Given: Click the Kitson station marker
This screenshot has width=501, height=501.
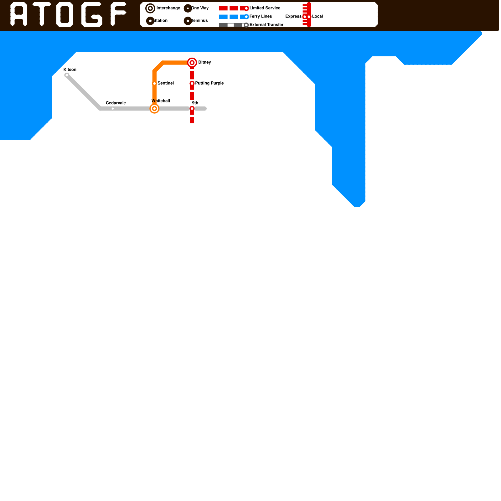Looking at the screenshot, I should tap(67, 75).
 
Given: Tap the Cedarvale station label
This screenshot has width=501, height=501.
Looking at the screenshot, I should tap(116, 103).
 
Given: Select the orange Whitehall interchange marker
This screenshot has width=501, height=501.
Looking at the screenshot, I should tap(154, 109).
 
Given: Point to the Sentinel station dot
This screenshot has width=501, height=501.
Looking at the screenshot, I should tap(154, 83).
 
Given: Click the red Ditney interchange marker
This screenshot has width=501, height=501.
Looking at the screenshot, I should tap(192, 63).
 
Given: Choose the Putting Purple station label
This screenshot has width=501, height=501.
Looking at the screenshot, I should tap(209, 83).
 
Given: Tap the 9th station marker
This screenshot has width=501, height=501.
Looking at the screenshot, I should tap(192, 109).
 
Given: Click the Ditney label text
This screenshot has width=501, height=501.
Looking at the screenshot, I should tap(204, 62).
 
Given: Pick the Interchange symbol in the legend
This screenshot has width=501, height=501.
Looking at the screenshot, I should tap(150, 8).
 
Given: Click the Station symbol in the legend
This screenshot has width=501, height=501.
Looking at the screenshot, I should tap(150, 21).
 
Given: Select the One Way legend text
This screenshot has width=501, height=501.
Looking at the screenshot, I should tap(200, 8).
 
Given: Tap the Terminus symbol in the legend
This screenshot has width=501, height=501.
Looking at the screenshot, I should tap(188, 21).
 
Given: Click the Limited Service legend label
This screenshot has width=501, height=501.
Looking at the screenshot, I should tap(265, 8).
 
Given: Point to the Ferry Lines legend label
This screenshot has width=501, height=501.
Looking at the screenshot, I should tap(261, 17).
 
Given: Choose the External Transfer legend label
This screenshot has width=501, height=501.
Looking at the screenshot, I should tap(266, 25).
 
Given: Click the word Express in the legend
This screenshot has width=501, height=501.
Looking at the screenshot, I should tap(293, 17).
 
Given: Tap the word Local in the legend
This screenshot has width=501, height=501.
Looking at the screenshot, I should tap(317, 17).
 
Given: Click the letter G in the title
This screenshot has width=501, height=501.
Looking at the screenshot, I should tap(92, 15).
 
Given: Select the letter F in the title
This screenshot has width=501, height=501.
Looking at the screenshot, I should tap(118, 14).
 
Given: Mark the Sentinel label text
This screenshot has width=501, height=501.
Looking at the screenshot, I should tap(165, 83).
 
